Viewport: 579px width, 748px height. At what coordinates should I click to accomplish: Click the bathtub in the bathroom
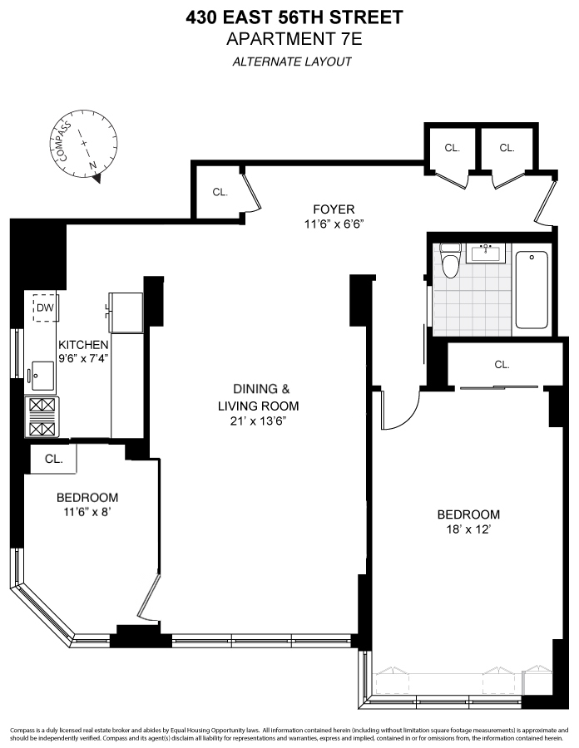click(x=532, y=289)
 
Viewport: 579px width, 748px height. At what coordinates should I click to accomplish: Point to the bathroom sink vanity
click(x=486, y=252)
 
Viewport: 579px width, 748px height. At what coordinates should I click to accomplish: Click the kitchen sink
click(x=41, y=375)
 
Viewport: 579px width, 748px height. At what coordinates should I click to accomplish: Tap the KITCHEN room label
click(x=82, y=345)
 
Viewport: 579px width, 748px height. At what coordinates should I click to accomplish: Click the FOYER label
click(x=334, y=209)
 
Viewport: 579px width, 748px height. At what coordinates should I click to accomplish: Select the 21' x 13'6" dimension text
click(x=253, y=421)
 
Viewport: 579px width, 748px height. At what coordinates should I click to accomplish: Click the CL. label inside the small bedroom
click(x=53, y=458)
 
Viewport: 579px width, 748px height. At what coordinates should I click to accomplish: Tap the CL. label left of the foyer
click(x=220, y=192)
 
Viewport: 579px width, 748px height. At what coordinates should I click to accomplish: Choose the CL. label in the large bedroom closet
click(x=502, y=364)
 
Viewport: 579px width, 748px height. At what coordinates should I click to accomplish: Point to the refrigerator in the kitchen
click(x=127, y=310)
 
